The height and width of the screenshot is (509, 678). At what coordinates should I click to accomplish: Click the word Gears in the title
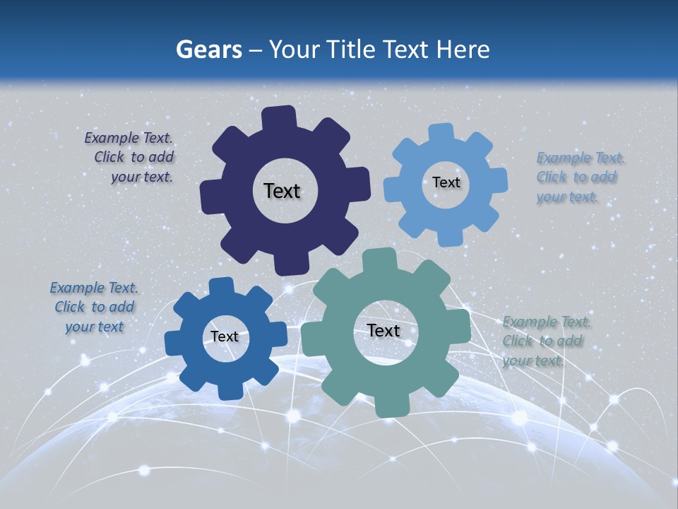point(208,49)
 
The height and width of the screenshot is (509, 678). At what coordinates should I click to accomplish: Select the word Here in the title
point(463,49)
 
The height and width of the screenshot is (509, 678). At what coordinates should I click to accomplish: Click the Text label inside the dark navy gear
point(282,191)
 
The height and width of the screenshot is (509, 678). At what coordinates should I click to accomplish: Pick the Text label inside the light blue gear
point(446,182)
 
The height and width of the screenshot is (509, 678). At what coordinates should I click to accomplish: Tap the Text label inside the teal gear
point(383,331)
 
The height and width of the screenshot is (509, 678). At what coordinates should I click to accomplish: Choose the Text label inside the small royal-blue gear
point(225,337)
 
